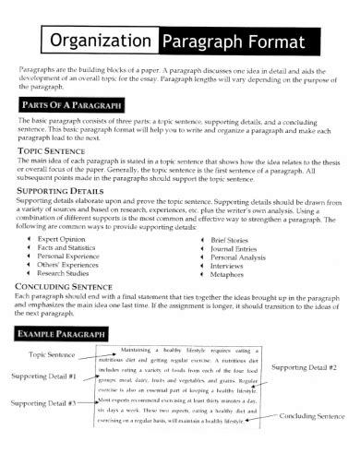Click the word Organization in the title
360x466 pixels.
point(102,42)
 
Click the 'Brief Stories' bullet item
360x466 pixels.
point(234,238)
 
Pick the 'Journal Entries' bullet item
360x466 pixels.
point(237,247)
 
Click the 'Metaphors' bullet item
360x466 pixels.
point(231,274)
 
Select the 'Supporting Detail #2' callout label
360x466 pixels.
point(305,367)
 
